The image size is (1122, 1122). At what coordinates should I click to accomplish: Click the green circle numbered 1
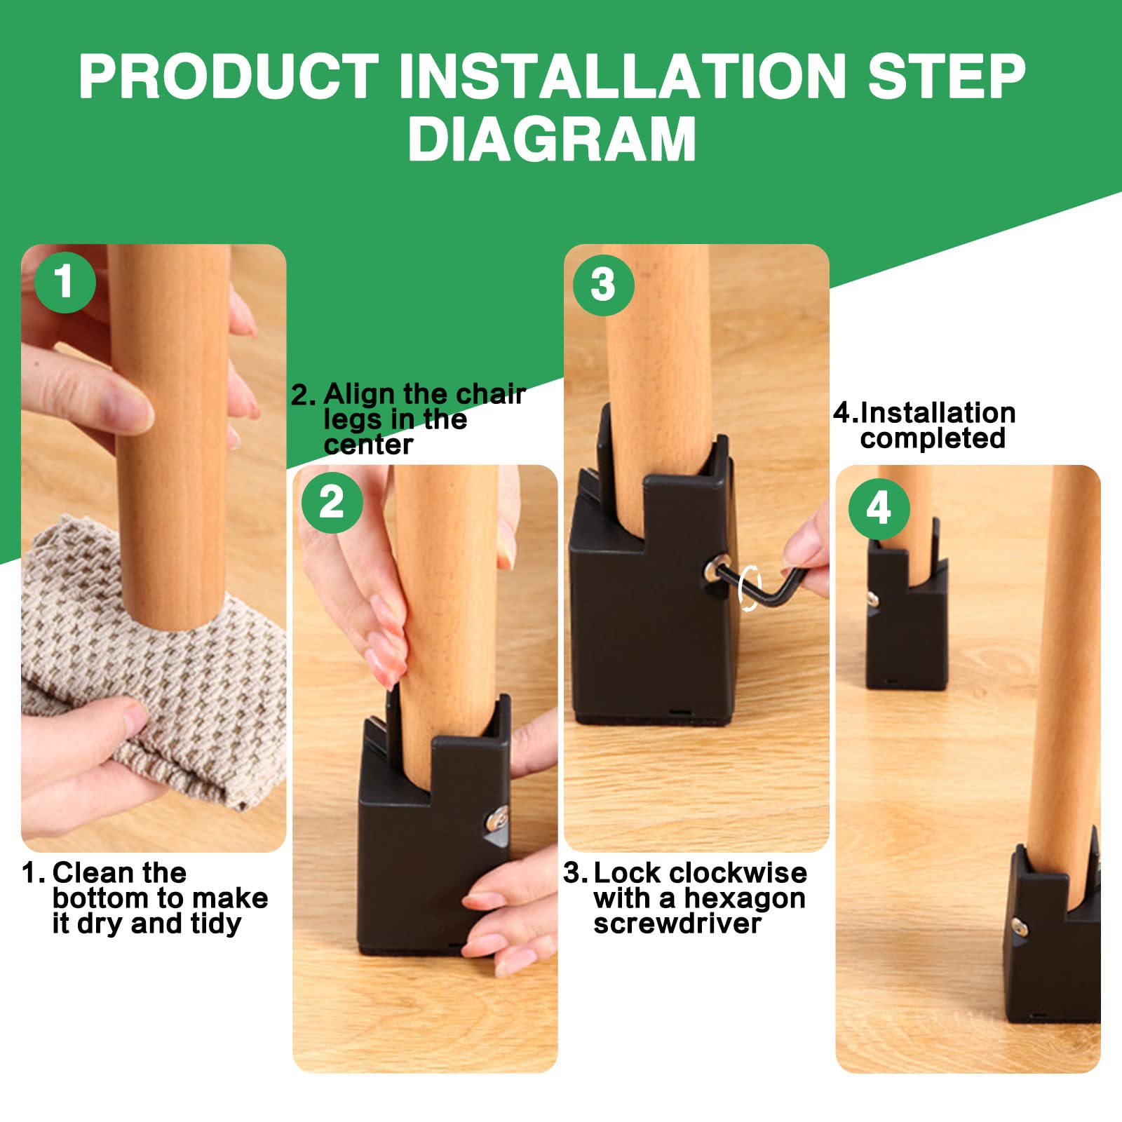tap(65, 283)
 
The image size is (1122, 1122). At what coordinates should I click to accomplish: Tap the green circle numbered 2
tap(332, 502)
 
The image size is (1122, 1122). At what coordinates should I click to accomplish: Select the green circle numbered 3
tap(603, 285)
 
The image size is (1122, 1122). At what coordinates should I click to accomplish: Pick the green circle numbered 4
tap(879, 508)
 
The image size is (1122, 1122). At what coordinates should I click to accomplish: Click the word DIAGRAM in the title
tap(553, 139)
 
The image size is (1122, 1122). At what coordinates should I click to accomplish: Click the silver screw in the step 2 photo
tap(499, 816)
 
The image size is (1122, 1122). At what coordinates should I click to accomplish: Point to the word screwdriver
tap(677, 924)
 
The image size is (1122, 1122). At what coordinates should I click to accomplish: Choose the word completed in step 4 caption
tap(933, 438)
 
